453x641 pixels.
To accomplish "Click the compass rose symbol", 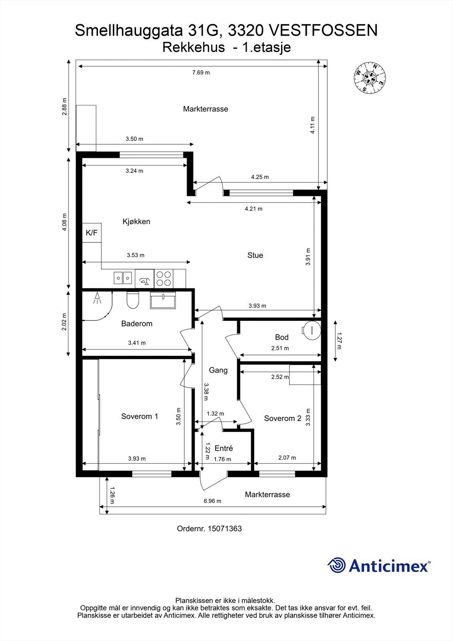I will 370,78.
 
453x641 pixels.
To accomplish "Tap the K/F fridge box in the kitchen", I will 92,233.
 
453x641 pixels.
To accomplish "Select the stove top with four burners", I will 163,278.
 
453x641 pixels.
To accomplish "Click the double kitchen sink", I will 123,277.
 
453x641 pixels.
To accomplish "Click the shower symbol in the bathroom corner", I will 97,298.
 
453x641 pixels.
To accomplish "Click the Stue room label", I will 255,255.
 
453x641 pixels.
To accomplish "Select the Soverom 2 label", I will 282,418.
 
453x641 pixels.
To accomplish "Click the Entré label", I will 223,448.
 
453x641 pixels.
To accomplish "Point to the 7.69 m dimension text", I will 201,73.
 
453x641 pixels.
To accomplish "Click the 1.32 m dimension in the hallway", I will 215,413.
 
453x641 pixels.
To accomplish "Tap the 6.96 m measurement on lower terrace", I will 212,501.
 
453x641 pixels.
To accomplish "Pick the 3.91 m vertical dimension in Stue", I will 308,257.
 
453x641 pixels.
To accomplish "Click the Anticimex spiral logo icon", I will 336,565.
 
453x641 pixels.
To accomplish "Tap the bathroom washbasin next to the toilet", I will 163,300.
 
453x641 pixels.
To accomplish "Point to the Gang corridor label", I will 218,370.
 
